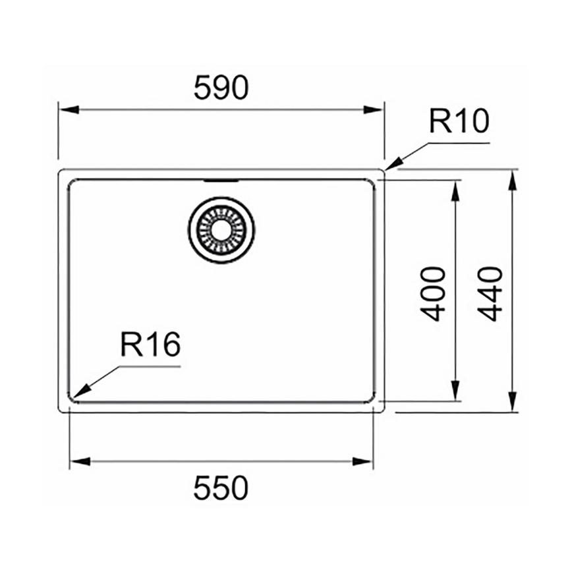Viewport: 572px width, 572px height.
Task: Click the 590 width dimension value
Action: click(221, 88)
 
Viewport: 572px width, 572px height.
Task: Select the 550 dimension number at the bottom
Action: click(221, 488)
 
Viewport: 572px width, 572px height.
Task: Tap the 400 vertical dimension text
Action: click(433, 293)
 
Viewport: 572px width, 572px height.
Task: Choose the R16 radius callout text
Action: click(150, 345)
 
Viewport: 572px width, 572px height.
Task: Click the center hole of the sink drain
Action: click(221, 230)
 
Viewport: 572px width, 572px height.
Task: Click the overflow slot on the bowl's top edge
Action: click(221, 179)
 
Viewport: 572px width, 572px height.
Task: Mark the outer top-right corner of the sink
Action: click(383, 171)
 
